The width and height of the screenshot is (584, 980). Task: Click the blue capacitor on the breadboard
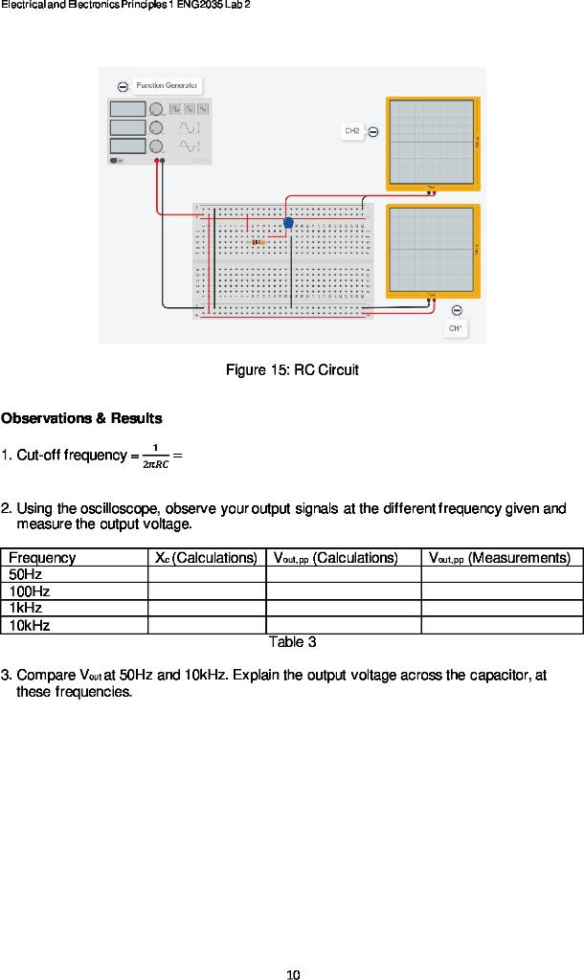[288, 223]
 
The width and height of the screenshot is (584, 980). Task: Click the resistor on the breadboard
[257, 243]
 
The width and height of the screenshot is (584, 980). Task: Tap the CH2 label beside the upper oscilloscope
[352, 131]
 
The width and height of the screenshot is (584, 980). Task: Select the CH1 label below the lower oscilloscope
[456, 328]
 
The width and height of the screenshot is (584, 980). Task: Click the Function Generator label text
[168, 85]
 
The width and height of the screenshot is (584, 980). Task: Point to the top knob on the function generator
[155, 109]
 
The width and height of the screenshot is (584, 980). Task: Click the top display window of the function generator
[127, 109]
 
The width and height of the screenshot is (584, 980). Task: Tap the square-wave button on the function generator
[175, 109]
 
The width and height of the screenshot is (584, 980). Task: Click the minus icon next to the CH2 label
[373, 131]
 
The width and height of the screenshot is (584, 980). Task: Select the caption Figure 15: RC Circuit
[292, 369]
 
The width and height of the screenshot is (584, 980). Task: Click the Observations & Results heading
[81, 418]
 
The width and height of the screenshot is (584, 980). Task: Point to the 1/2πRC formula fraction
[155, 456]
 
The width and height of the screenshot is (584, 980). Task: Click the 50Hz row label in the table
[25, 574]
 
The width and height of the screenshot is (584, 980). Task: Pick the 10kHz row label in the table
[30, 625]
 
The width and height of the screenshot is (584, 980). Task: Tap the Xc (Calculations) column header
[206, 558]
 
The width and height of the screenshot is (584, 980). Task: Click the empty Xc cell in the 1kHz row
[206, 608]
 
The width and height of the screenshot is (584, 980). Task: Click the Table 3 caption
[292, 641]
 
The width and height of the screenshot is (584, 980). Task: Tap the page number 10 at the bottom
[293, 974]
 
